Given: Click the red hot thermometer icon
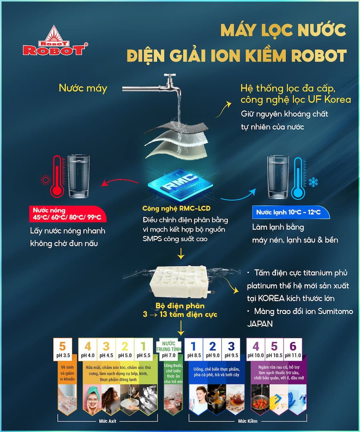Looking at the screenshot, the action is pos(57,177).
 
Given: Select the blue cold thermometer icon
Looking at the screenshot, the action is pos(298,178).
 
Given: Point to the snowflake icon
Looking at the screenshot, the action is pos(313,182).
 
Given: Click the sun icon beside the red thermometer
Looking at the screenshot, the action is pos(46,180).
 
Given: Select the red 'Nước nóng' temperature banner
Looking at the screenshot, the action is pos(68,214).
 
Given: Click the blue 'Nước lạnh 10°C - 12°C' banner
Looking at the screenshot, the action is pos(291,212).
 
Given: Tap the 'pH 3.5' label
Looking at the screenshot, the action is pos(63,356).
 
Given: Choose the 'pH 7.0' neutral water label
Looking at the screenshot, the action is pos(168,356).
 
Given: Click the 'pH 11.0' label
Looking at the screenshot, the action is pos(293,356).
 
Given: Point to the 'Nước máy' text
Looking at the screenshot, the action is pos(83,88).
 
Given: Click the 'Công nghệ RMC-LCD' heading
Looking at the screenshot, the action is pos(176,208).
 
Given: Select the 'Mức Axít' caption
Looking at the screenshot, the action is pos(108,421).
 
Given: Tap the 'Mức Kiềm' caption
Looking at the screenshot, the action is pos(248,421).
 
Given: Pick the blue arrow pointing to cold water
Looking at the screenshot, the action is pos(238,196).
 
